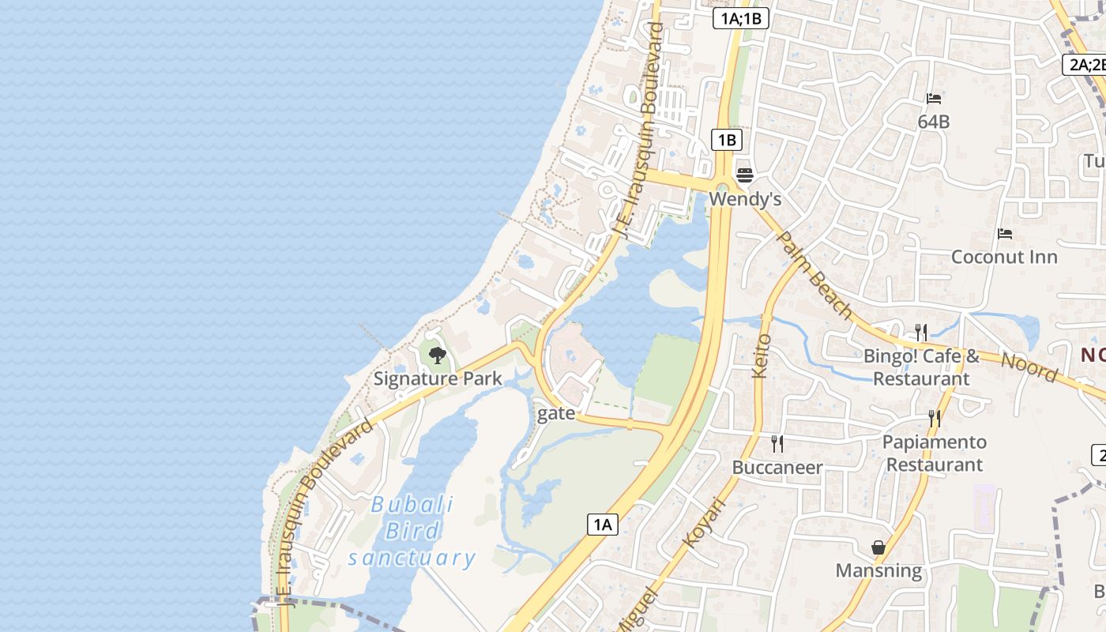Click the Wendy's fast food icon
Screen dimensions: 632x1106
tap(744, 175)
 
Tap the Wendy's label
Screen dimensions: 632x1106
tap(745, 198)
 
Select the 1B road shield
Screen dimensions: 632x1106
tap(726, 141)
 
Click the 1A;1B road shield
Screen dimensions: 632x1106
tap(740, 18)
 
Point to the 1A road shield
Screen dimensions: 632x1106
tap(602, 524)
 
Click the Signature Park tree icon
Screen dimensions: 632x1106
tap(437, 355)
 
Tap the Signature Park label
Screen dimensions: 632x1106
tap(438, 378)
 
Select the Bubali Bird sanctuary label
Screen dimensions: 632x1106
tap(412, 531)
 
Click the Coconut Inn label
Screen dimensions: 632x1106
tap(1004, 257)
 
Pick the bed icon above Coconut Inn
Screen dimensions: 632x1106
tap(1005, 234)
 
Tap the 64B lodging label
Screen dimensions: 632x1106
tap(934, 122)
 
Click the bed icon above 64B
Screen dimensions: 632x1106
tap(934, 99)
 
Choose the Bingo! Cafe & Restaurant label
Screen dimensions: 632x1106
tap(921, 367)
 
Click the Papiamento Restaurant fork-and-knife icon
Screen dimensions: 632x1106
tap(935, 418)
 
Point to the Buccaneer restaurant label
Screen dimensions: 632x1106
tap(777, 467)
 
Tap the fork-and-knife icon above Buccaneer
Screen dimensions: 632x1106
tap(777, 444)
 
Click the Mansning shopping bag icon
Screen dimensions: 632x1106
tap(878, 547)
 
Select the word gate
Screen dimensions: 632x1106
tap(556, 413)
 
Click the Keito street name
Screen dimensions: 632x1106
tap(762, 355)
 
